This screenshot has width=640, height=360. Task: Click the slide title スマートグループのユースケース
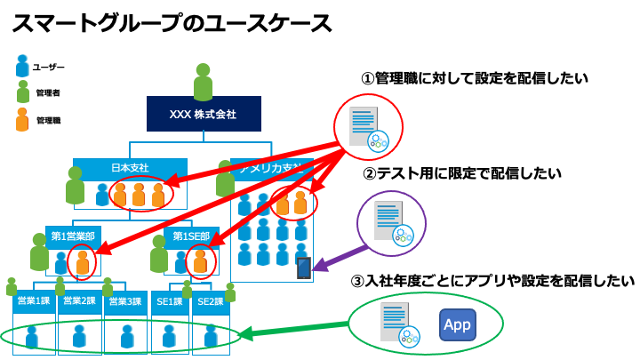coord(172,24)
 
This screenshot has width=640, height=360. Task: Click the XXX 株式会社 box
coord(204,115)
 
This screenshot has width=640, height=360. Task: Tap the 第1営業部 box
coord(73,236)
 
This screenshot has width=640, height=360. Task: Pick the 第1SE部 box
coord(191,236)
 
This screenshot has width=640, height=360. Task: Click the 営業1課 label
coord(34,301)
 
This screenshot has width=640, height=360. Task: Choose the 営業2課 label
coord(80,301)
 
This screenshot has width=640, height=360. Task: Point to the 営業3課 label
coord(125,301)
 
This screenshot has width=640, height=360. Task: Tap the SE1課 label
coord(169,301)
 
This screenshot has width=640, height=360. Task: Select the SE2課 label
coord(211,301)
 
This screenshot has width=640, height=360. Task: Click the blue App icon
coord(458,325)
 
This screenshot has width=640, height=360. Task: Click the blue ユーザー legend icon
coord(22,67)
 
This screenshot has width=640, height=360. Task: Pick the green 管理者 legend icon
coord(22,92)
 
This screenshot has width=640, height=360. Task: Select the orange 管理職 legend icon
coord(22,119)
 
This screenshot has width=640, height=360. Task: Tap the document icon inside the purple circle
coord(388,220)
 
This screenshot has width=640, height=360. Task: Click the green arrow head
coord(245,335)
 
